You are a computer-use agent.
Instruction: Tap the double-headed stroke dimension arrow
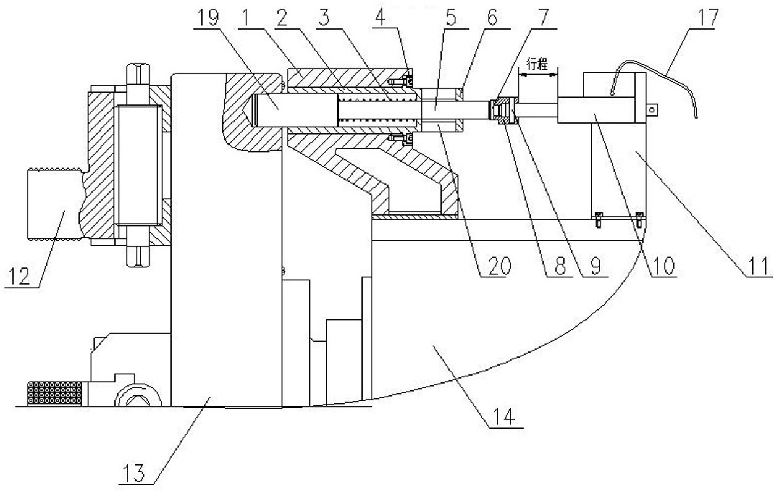click(x=537, y=73)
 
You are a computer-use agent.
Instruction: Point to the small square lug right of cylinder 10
click(x=652, y=110)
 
